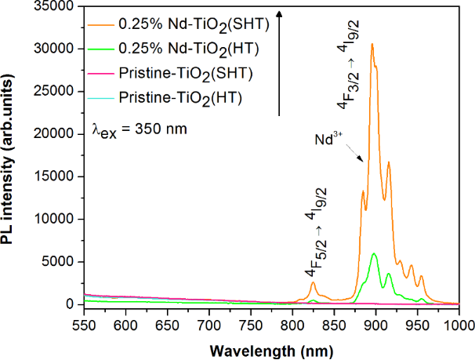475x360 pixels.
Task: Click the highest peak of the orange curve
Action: coord(372,44)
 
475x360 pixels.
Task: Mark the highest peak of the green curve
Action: coord(375,253)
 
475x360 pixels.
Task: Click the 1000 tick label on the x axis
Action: coord(459,324)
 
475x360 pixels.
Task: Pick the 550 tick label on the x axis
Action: coord(84,324)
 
